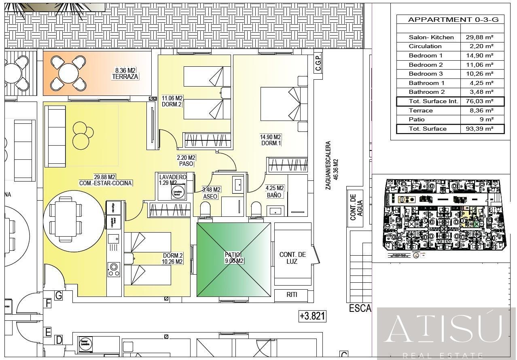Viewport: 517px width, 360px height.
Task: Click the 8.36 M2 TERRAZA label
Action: point(125,73)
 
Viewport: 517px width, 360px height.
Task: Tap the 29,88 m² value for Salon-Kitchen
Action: point(479,37)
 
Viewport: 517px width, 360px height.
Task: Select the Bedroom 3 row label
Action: point(426,74)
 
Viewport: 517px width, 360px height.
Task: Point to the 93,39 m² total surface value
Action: point(479,129)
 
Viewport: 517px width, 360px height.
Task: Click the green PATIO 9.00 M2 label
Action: point(234,258)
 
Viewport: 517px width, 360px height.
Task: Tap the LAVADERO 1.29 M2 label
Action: point(172,180)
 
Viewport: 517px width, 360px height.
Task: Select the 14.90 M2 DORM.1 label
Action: point(270,140)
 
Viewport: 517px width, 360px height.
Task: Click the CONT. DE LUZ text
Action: point(292,258)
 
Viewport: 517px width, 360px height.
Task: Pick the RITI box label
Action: point(292,295)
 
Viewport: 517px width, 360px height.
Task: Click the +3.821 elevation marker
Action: point(312,316)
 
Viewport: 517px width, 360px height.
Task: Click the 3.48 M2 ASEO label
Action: point(211,193)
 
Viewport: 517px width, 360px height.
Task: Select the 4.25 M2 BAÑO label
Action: point(274,191)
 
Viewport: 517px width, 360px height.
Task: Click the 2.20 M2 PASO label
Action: point(186,161)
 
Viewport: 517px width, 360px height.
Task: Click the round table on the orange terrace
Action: point(68,73)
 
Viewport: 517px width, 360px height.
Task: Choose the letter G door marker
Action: point(59,296)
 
